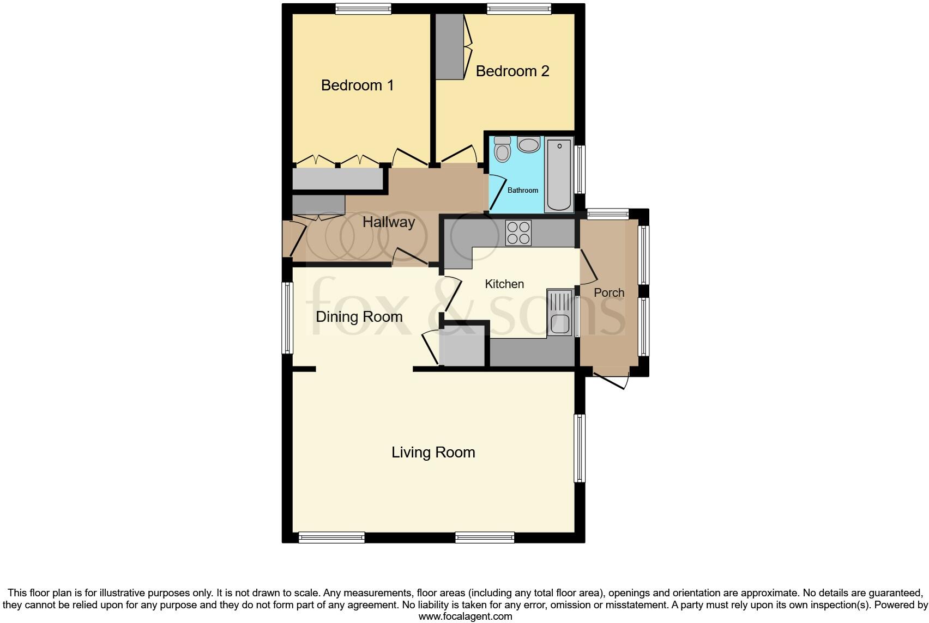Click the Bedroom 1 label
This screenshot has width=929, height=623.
click(357, 85)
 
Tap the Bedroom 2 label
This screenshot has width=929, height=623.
click(512, 71)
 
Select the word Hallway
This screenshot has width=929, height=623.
click(389, 222)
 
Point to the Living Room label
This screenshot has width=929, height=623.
click(433, 453)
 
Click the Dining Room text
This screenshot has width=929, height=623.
click(359, 317)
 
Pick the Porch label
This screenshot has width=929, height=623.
click(608, 293)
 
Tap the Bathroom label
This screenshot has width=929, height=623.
click(522, 191)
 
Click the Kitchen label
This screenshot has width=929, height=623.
click(504, 284)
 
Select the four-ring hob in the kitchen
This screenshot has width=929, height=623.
click(518, 233)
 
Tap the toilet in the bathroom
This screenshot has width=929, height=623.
click(502, 149)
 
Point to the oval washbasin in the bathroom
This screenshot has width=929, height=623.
click(528, 145)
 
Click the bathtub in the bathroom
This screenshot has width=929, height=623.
click(559, 175)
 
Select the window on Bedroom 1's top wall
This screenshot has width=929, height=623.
click(363, 8)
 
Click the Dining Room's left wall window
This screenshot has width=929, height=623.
click(287, 317)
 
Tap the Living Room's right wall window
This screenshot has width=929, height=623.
click(579, 448)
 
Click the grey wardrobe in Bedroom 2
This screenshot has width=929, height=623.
click(449, 46)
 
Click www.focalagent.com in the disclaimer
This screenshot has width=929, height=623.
click(465, 616)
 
